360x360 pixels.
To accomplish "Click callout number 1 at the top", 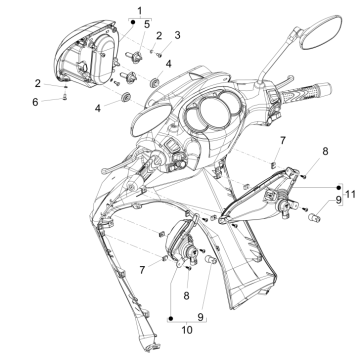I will pos(139,9).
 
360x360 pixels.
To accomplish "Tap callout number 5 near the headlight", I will pos(148,23).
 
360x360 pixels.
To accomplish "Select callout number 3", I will pos(177,35).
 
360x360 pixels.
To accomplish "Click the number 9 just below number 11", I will pos(310,200).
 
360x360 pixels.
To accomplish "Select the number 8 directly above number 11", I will pos(295,151).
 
